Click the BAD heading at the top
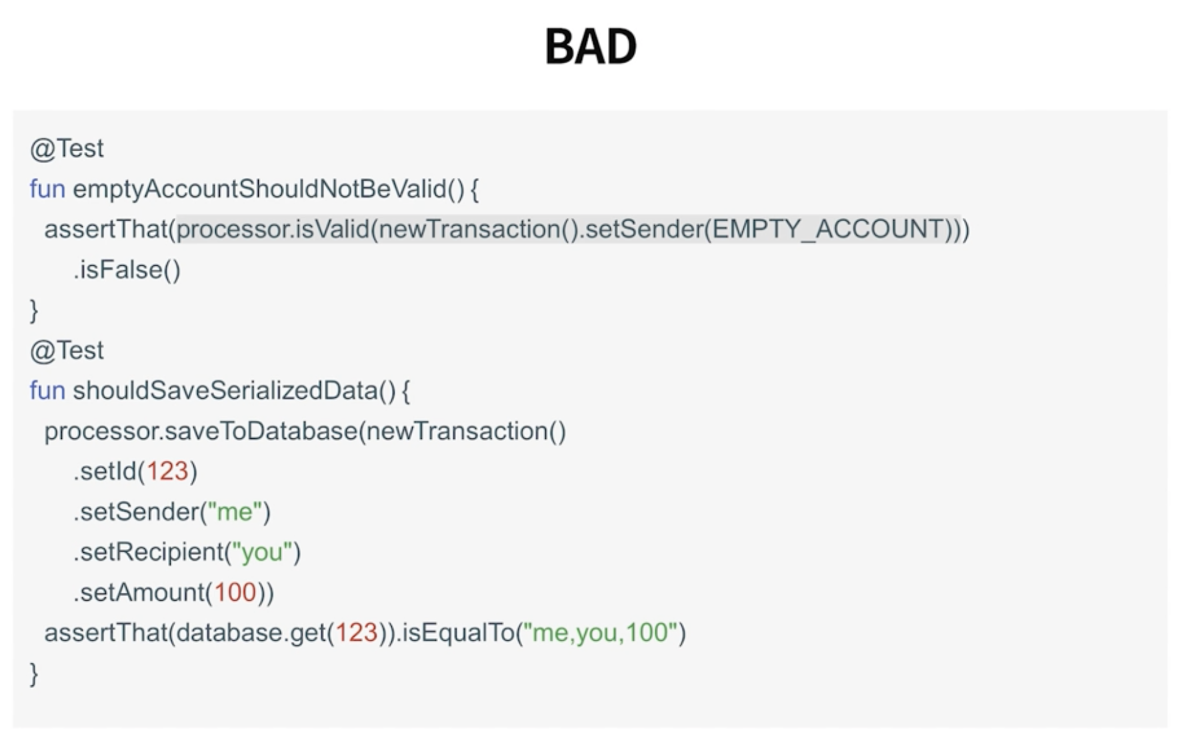(x=591, y=47)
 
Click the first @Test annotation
(x=67, y=149)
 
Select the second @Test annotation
(x=67, y=350)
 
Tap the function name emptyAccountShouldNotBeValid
(x=259, y=189)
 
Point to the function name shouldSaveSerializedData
(x=225, y=391)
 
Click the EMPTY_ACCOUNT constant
(x=828, y=229)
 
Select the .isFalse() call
(x=127, y=270)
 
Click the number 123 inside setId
(x=167, y=472)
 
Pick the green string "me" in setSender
(x=235, y=512)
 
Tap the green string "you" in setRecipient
(x=262, y=552)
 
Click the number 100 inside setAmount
(x=235, y=593)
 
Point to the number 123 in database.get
(x=356, y=633)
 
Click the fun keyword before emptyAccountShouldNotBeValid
(x=47, y=189)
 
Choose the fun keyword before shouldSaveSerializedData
(x=47, y=391)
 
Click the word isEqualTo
(x=458, y=633)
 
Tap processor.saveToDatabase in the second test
(x=201, y=432)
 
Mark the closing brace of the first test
(x=34, y=310)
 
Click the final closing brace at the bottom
(x=34, y=674)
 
